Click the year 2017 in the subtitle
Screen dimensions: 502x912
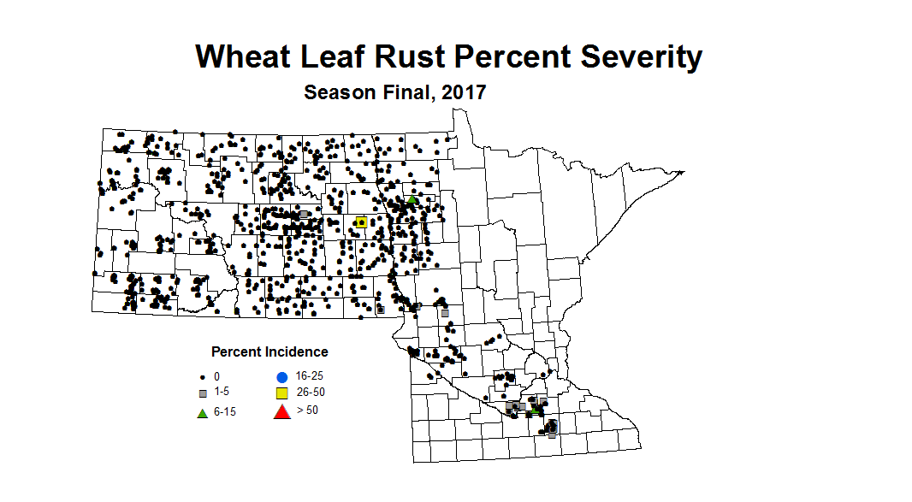(465, 92)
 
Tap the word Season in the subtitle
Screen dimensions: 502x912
(339, 92)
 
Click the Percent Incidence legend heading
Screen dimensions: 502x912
(269, 351)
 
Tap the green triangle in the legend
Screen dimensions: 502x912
(203, 413)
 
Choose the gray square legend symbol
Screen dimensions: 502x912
(203, 393)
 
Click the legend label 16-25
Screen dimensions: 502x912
(310, 375)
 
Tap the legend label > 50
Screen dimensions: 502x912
(308, 410)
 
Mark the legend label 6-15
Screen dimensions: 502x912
(226, 413)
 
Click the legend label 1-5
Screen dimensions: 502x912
(222, 392)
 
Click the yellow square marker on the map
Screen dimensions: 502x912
(361, 222)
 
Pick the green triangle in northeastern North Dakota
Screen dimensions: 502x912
(412, 200)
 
